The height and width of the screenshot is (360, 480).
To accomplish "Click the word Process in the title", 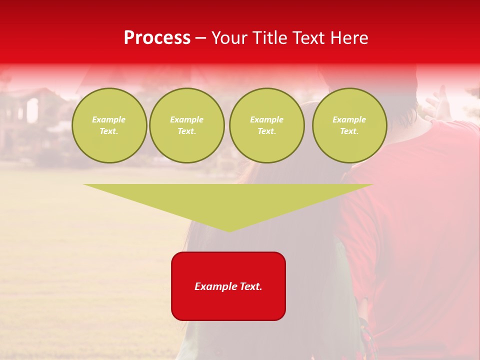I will tap(157, 38).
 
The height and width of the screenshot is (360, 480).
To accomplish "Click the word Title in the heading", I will tap(268, 38).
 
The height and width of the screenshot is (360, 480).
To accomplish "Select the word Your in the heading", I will tap(229, 38).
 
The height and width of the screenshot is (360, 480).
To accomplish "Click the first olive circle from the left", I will tap(109, 125).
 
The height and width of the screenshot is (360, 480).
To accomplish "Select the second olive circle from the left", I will tap(186, 125).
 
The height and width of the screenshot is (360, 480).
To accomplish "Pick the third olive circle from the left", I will tap(266, 125).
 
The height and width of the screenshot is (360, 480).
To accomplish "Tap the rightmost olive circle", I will tap(349, 125).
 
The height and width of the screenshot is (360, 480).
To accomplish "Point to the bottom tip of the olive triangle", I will tap(229, 230).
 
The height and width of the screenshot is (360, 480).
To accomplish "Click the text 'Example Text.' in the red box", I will tap(228, 286).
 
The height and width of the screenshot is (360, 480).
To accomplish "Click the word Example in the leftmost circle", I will tap(109, 119).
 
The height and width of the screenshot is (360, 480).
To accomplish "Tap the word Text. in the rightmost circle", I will tap(349, 131).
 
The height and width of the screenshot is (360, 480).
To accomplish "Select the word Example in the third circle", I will tap(266, 119).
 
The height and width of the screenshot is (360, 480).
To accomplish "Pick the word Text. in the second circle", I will tap(186, 131).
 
